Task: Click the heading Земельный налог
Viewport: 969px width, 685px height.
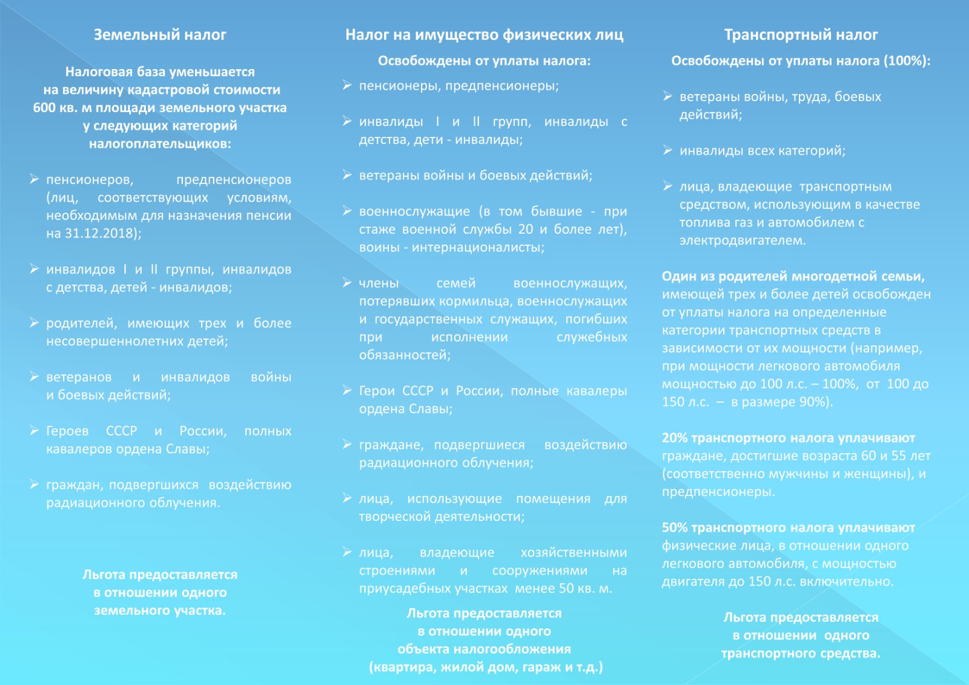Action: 160,35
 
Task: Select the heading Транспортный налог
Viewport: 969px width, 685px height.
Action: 801,35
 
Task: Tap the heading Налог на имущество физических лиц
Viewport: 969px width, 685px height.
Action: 484,35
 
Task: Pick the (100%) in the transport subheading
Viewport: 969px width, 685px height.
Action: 906,61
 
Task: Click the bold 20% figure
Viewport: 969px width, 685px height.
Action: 675,438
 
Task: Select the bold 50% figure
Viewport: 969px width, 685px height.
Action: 675,528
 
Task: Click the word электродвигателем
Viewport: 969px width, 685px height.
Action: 741,240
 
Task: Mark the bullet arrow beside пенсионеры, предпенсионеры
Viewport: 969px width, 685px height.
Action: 347,85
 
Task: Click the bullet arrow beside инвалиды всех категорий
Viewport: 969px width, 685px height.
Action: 667,150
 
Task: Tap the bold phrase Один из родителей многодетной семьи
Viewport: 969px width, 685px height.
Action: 793,277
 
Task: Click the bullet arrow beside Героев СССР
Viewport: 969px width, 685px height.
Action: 35,431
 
